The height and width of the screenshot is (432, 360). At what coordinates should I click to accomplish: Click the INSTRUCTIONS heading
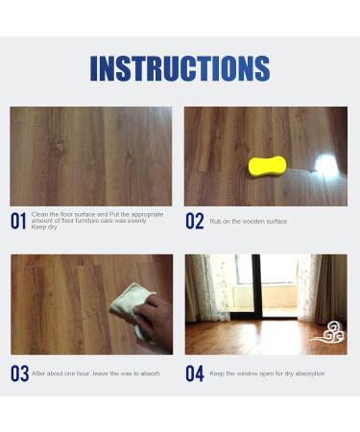(180, 68)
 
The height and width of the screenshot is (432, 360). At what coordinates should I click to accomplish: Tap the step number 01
(18, 222)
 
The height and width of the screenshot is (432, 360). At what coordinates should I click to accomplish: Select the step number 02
(195, 222)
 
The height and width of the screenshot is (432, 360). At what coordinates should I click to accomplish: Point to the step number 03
(19, 373)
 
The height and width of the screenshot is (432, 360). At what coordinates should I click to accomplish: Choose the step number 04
(195, 373)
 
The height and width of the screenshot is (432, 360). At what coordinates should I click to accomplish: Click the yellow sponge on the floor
(269, 166)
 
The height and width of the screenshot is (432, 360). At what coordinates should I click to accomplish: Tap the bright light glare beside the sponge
(326, 165)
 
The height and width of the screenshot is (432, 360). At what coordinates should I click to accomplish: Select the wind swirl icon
(326, 333)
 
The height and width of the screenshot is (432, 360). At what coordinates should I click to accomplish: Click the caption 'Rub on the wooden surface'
(249, 222)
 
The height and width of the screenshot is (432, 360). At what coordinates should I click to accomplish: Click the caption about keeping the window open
(267, 373)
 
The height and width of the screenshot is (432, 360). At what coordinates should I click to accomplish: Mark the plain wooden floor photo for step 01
(91, 156)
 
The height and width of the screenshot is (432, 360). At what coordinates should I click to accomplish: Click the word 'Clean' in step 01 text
(39, 215)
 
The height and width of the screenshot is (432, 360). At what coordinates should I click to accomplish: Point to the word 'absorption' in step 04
(307, 373)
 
